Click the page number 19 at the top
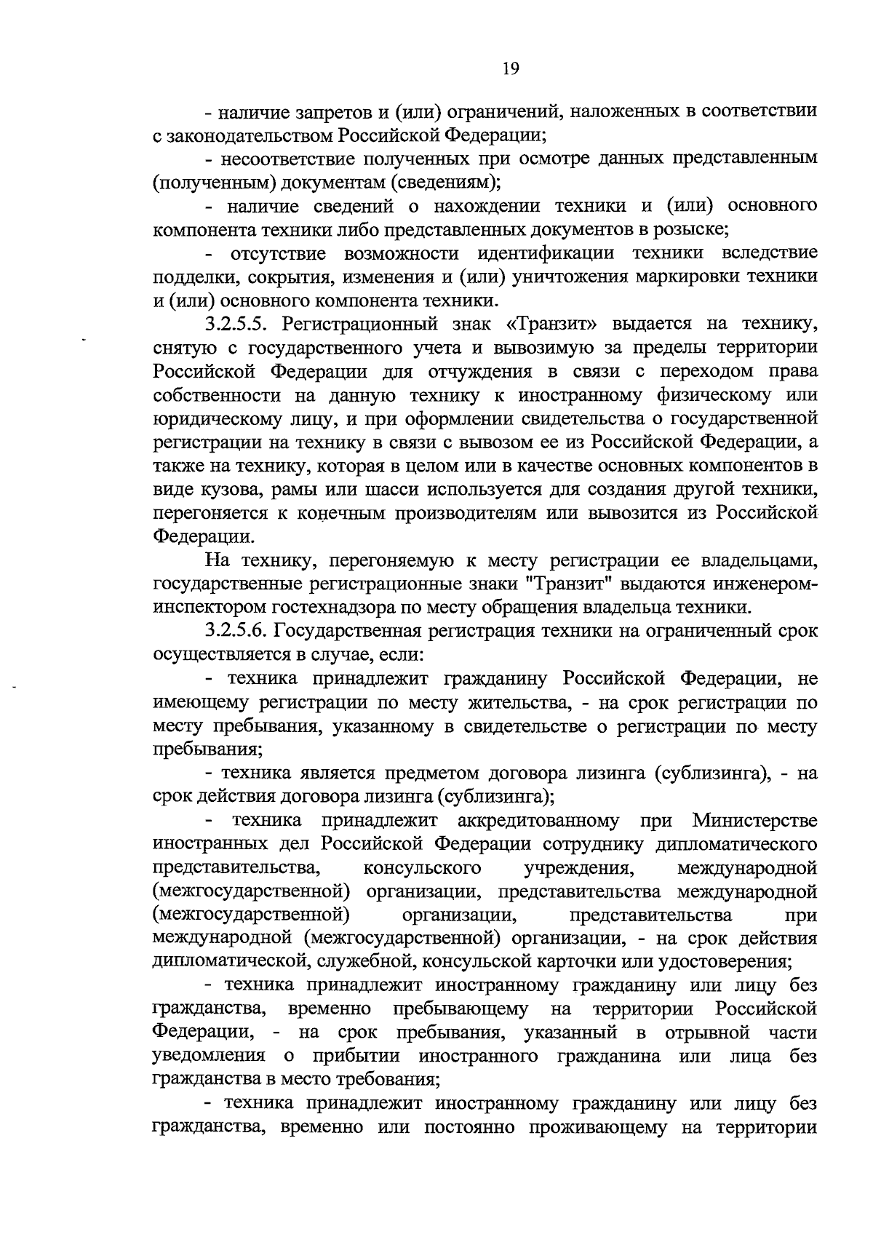pyautogui.click(x=510, y=69)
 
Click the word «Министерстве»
pyautogui.click(x=754, y=821)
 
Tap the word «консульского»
pyautogui.click(x=422, y=868)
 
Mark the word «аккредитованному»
pyautogui.click(x=538, y=821)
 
